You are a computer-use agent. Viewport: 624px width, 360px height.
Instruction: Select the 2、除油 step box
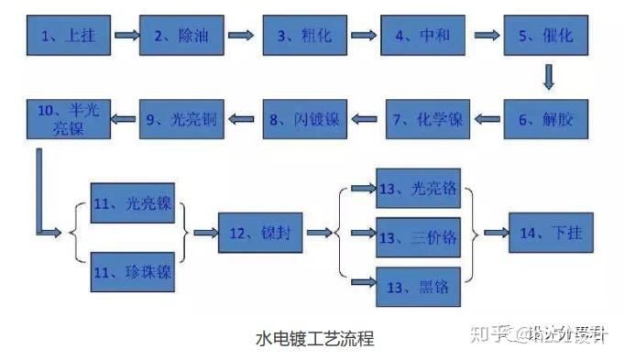coord(181,37)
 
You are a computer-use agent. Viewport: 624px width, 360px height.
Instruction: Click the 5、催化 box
coord(545,37)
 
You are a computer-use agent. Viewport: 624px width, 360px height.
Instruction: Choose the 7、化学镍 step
coord(427,118)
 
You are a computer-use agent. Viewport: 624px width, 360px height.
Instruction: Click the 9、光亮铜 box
coord(181,118)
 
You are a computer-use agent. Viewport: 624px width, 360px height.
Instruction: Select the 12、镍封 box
coord(260,234)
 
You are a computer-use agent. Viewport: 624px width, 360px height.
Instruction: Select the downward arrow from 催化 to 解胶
coord(548,77)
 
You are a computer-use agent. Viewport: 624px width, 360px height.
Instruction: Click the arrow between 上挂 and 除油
coord(126,37)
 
